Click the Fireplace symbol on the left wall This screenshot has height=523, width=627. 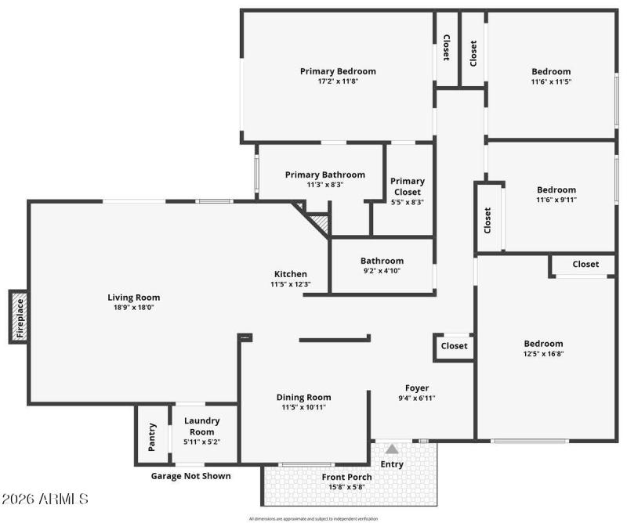point(20,316)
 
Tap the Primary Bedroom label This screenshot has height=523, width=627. point(338,71)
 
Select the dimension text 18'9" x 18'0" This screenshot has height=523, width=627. point(133,308)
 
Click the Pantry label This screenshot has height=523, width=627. point(153,437)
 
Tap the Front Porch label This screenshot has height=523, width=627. point(347,477)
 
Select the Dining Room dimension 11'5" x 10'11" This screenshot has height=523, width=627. point(303,407)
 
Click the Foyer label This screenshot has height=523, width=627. point(416,388)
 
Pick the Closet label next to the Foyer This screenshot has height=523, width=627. point(454,345)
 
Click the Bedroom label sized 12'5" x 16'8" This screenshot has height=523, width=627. point(543,343)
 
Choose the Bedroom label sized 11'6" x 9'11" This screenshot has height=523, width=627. point(556,189)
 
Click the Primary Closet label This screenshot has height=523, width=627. point(408,186)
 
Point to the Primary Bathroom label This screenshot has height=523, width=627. point(324,175)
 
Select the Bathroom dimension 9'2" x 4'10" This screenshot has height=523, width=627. point(382,271)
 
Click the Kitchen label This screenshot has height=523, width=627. point(290,273)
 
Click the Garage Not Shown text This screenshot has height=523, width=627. point(190,475)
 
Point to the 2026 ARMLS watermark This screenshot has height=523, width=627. point(45,499)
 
